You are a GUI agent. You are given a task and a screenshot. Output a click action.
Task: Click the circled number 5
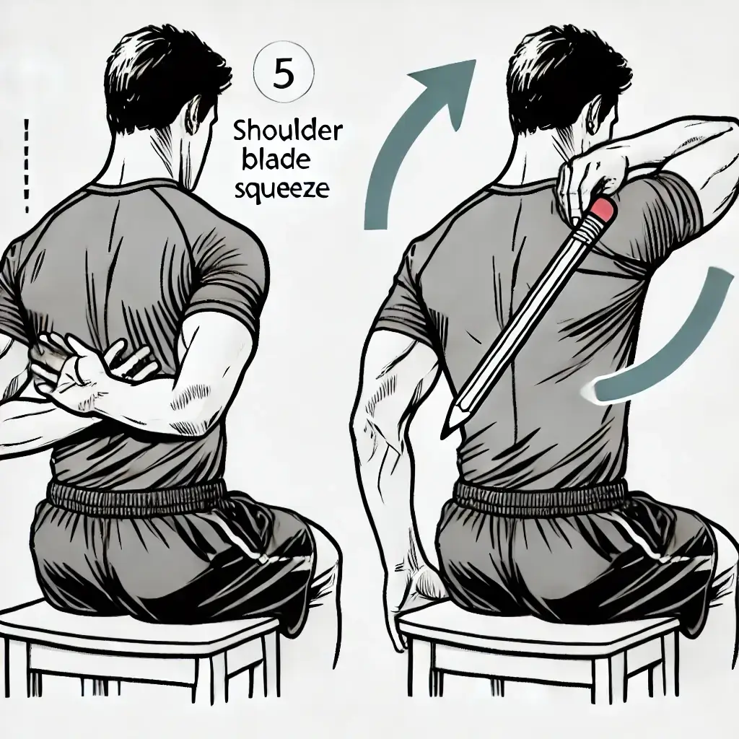[283, 74]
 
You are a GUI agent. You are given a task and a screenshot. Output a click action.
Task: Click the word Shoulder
[287, 131]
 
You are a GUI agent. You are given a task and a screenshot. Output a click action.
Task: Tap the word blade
[276, 159]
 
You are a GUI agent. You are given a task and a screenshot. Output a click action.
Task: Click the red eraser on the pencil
[603, 209]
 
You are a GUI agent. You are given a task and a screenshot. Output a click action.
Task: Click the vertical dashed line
[26, 165]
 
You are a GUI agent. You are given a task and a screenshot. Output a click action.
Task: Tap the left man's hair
[162, 71]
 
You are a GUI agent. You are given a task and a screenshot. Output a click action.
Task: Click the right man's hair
[566, 71]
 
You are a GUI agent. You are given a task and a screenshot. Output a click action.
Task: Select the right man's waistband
[541, 498]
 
